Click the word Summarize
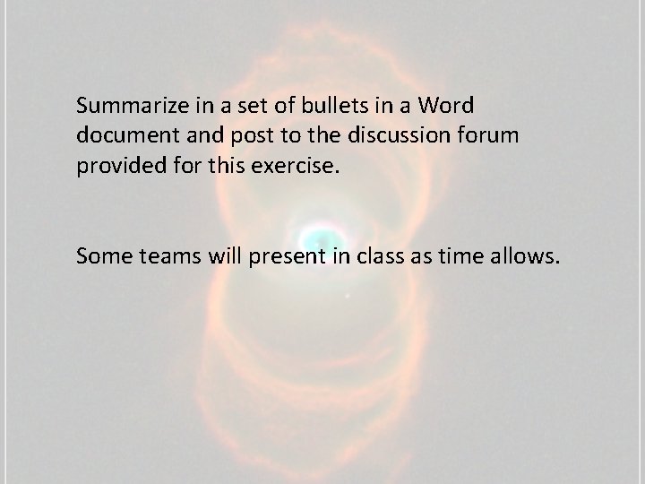(x=131, y=106)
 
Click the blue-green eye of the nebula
(x=314, y=237)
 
